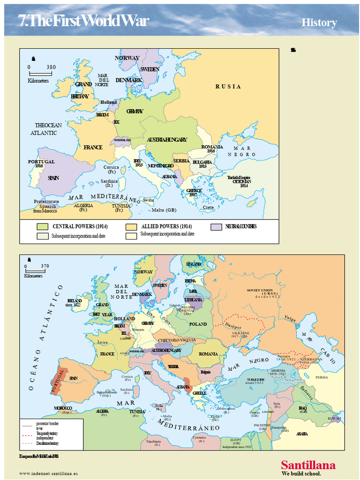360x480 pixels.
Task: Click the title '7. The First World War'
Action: click(83, 21)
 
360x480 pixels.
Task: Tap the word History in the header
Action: click(319, 22)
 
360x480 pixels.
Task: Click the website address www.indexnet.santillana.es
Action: click(48, 473)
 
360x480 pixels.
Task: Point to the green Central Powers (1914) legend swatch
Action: click(43, 226)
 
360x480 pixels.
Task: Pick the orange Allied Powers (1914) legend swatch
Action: click(131, 226)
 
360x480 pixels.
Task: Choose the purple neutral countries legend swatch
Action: click(216, 226)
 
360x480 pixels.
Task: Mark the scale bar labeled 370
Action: click(35, 270)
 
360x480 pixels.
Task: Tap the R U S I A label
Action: click(228, 87)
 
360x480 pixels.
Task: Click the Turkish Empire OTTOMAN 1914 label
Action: click(239, 181)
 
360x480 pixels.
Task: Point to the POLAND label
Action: click(198, 324)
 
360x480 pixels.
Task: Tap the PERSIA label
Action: click(322, 377)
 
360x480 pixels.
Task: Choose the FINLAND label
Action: click(194, 264)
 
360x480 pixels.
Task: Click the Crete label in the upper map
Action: click(208, 207)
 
